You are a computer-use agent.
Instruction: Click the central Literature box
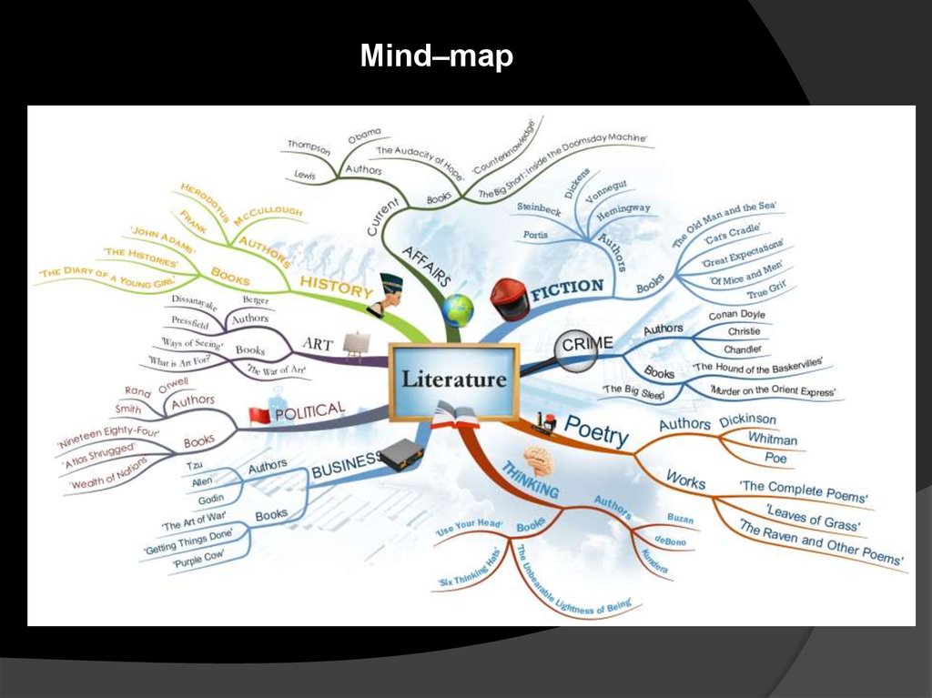pos(453,380)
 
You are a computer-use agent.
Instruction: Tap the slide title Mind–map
pos(436,57)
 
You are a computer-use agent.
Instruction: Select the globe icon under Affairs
pos(458,310)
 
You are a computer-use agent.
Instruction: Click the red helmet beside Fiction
pos(509,299)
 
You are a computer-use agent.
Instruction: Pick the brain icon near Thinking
pos(538,460)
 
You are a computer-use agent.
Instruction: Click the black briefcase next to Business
pos(400,454)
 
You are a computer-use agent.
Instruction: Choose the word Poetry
pos(596,430)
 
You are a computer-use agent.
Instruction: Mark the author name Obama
pos(364,137)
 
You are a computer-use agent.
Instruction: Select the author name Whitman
pos(772,440)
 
